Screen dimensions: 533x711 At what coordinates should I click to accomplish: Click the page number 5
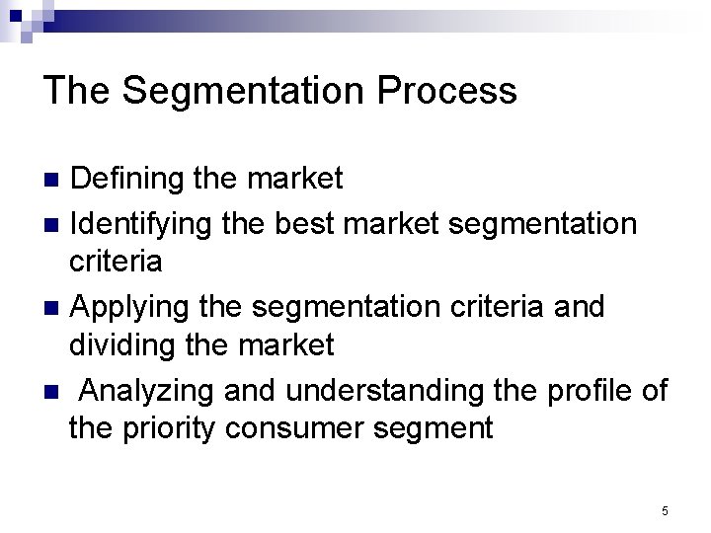click(665, 510)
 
